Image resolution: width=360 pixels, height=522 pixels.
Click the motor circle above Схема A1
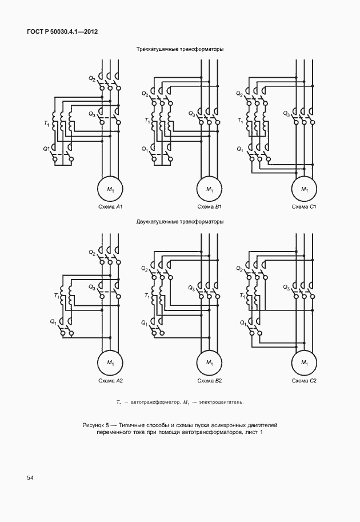[110, 189]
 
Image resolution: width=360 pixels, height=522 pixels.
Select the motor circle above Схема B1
[209, 189]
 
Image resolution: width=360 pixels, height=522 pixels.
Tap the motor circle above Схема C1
[305, 189]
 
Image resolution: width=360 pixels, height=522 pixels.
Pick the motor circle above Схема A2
[110, 362]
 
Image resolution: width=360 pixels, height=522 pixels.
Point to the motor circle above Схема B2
[209, 362]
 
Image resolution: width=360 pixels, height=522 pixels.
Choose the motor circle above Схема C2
[305, 362]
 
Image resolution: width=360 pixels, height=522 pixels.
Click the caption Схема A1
[110, 207]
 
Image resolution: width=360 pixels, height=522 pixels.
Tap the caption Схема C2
[304, 381]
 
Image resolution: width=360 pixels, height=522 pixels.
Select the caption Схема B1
[210, 207]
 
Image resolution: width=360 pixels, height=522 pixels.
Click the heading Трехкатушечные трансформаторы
[180, 49]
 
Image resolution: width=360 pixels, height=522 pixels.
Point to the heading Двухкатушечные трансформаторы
[180, 222]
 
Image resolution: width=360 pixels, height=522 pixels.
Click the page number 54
[30, 478]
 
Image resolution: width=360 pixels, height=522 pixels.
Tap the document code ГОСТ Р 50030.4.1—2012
[62, 32]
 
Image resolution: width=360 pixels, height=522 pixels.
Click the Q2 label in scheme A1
[92, 79]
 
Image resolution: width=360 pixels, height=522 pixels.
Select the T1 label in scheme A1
[47, 124]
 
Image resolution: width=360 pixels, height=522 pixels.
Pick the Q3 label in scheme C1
[286, 114]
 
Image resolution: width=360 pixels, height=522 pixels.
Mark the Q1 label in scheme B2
[144, 322]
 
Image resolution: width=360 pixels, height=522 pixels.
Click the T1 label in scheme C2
[242, 295]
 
